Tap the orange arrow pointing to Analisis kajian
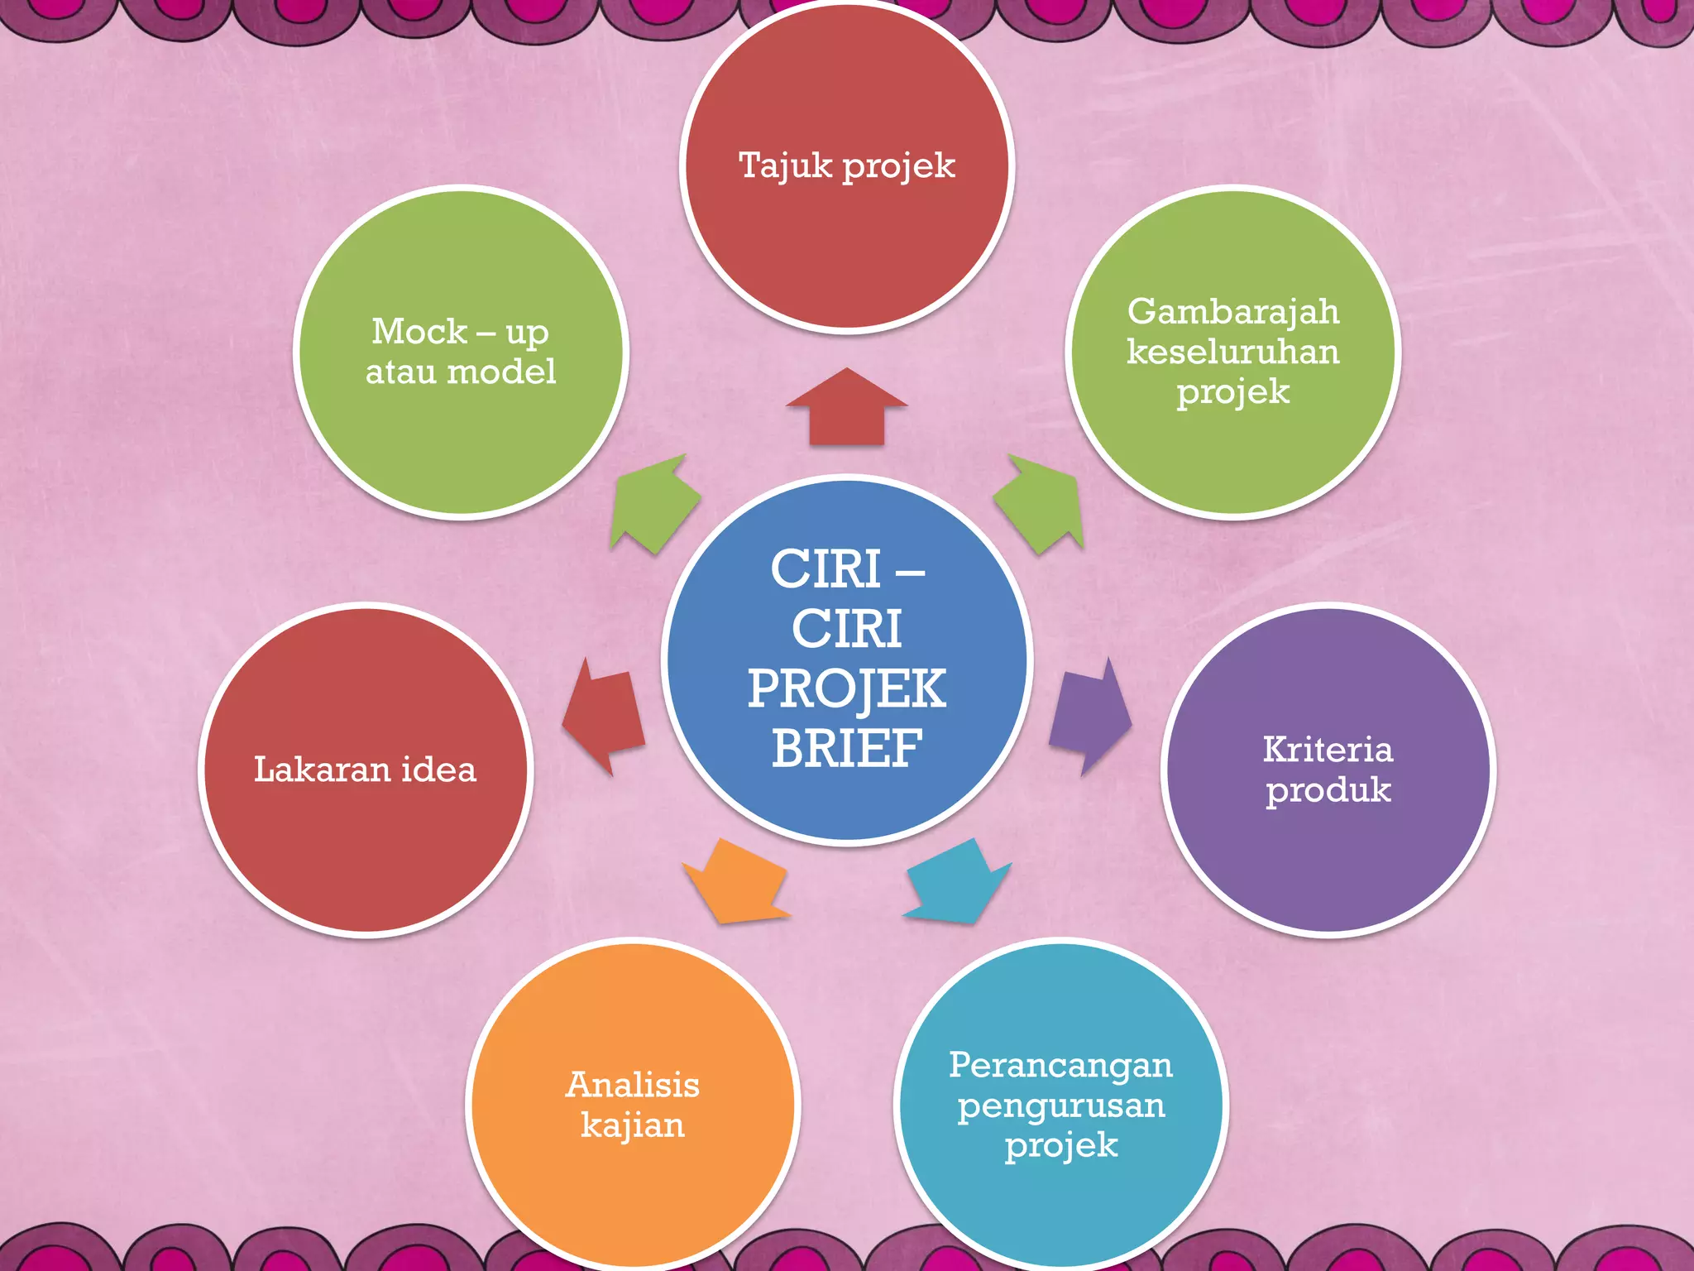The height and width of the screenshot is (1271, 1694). (x=735, y=882)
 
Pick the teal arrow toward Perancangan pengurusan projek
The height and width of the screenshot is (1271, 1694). (x=958, y=882)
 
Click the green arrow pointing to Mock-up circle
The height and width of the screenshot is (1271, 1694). (x=654, y=505)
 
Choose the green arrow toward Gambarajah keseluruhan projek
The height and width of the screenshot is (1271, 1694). (x=1040, y=505)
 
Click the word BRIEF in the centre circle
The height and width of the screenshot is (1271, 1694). (x=846, y=748)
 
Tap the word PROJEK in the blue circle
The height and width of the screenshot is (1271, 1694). (x=846, y=688)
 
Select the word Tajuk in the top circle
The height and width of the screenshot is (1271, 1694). (x=785, y=165)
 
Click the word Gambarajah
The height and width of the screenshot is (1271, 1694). (x=1232, y=312)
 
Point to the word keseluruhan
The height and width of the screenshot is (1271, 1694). (x=1232, y=353)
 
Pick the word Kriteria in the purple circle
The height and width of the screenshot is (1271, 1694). (x=1328, y=750)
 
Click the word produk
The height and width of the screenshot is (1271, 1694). (x=1328, y=790)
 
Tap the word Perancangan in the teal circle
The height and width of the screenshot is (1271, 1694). (x=1060, y=1066)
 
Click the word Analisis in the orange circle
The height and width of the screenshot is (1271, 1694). (x=633, y=1085)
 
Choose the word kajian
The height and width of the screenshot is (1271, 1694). (x=633, y=1125)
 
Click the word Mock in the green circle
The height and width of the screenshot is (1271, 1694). (x=419, y=332)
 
